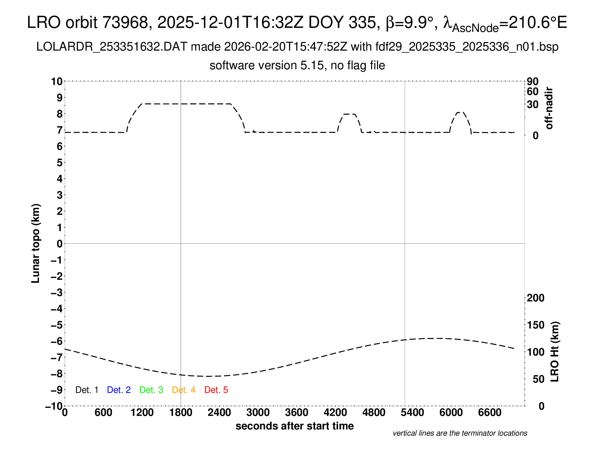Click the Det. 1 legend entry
tap(87, 390)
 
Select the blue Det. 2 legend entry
tap(119, 390)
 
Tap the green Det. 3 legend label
tap(151, 390)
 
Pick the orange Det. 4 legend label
tap(184, 390)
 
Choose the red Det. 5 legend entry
tap(216, 390)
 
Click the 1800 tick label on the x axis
tap(181, 413)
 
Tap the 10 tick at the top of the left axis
tap(57, 81)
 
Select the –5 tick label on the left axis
tap(57, 325)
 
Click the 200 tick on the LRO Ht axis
tap(535, 298)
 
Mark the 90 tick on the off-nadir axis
tap(533, 81)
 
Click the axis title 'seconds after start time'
tap(295, 426)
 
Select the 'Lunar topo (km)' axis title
tap(36, 243)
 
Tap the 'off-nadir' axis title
tap(549, 108)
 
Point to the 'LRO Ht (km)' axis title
tap(555, 352)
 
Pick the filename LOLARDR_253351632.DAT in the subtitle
tap(112, 47)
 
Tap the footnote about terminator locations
tap(460, 433)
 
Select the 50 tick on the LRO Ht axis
tap(538, 379)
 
